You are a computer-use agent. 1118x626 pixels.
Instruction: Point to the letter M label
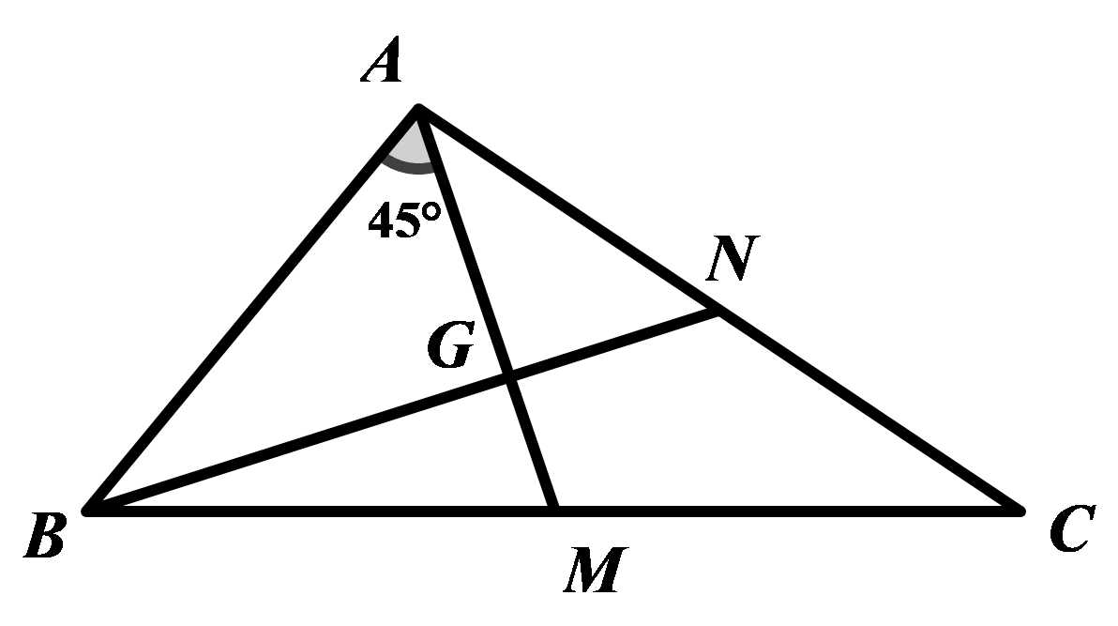591,571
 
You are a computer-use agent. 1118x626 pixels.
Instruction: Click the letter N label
730,260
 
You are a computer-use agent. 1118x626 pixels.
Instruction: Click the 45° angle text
403,221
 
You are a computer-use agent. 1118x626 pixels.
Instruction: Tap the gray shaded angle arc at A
410,153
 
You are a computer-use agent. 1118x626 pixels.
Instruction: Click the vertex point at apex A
418,110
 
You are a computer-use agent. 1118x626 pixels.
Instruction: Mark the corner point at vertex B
88,511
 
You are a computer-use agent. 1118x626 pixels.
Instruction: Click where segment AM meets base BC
555,511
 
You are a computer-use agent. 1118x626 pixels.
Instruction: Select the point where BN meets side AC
718,312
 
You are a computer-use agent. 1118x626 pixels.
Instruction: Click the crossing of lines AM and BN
510,378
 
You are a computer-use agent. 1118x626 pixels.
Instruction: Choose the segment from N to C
869,411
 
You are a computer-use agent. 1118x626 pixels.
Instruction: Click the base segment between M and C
788,511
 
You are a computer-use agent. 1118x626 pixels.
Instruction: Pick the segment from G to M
533,445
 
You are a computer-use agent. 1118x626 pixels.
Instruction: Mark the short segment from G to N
614,344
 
